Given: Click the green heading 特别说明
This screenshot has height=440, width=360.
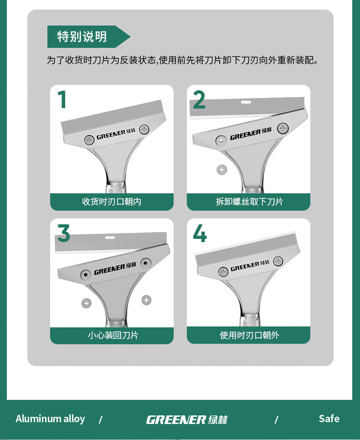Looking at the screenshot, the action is pyautogui.click(x=82, y=37).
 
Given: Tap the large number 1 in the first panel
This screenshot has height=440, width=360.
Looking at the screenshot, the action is pyautogui.click(x=62, y=99).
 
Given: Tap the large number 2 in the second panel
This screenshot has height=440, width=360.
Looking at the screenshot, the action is pyautogui.click(x=199, y=99).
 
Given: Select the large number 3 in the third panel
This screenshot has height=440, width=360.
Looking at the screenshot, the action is pyautogui.click(x=64, y=233).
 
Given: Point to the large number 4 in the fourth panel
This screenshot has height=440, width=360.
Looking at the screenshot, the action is pyautogui.click(x=200, y=233).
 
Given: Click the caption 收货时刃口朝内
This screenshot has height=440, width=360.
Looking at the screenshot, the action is pyautogui.click(x=112, y=202).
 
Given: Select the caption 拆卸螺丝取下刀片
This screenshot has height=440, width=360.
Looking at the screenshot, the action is pyautogui.click(x=250, y=202).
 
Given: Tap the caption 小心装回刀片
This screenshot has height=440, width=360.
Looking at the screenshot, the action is pyautogui.click(x=113, y=335).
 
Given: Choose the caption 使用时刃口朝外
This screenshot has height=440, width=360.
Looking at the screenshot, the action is pyautogui.click(x=250, y=335).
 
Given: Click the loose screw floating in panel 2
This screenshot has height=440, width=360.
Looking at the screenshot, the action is pyautogui.click(x=222, y=170).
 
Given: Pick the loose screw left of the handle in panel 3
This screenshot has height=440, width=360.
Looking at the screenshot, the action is pyautogui.click(x=87, y=303).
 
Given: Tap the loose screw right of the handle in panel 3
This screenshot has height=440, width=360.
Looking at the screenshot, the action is pyautogui.click(x=146, y=300).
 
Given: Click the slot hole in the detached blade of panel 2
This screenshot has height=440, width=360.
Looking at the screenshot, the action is pyautogui.click(x=246, y=102).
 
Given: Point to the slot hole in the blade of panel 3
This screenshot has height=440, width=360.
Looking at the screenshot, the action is pyautogui.click(x=110, y=238).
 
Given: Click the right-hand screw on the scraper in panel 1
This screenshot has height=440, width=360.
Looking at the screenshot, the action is pyautogui.click(x=144, y=129).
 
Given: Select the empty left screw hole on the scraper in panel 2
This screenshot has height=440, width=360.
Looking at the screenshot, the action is pyautogui.click(x=221, y=140).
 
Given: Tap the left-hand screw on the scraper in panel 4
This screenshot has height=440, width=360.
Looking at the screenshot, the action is pyautogui.click(x=223, y=272).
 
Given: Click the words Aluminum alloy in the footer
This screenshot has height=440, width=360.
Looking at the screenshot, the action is pyautogui.click(x=50, y=419).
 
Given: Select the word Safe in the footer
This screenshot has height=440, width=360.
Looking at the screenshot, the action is pyautogui.click(x=329, y=419).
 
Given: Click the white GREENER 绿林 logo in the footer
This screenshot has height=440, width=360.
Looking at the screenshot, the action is pyautogui.click(x=187, y=420).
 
